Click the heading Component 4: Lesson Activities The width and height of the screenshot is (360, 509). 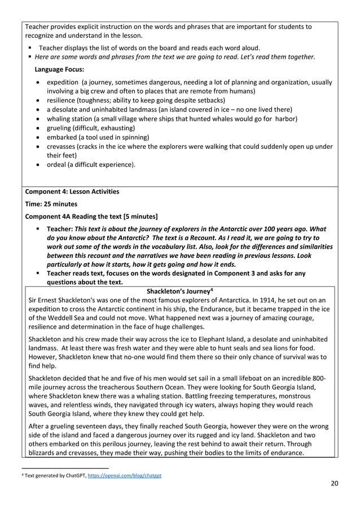72,191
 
